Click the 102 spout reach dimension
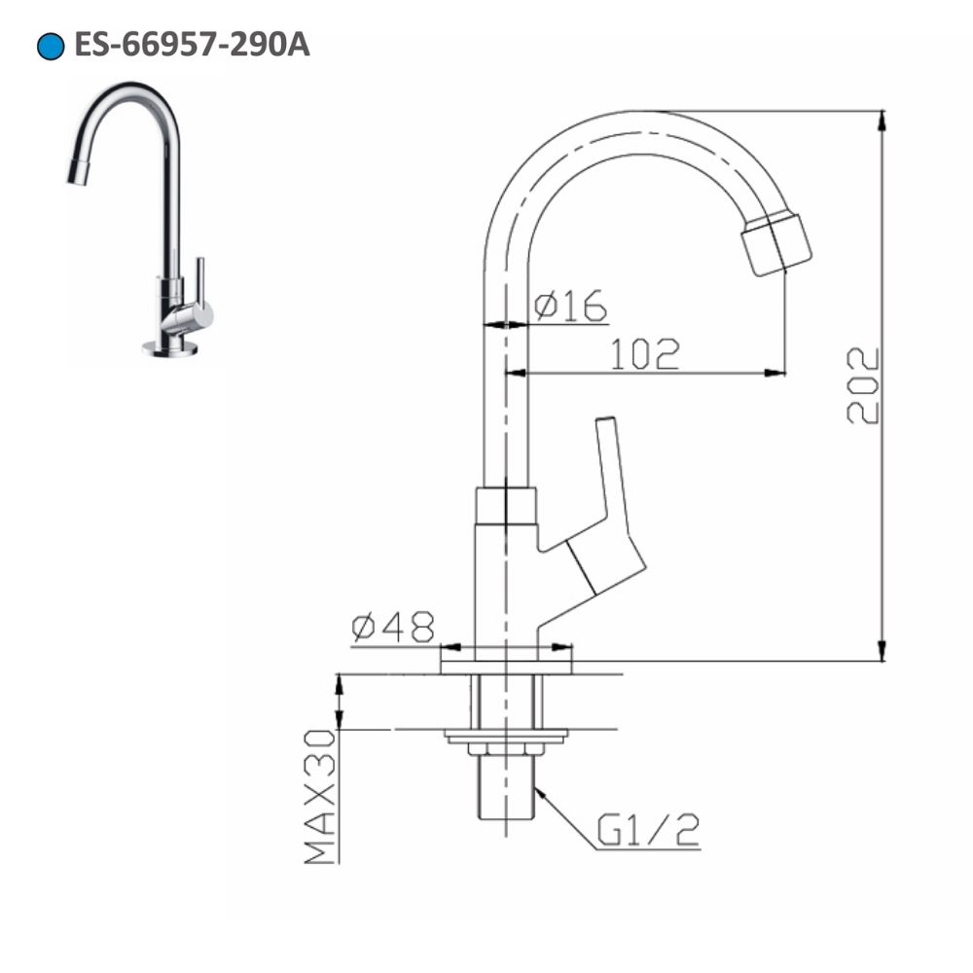644,355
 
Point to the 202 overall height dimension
863,385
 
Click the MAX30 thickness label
320,798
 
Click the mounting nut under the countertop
505,748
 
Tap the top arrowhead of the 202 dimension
883,120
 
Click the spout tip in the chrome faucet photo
78,174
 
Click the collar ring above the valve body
505,504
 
